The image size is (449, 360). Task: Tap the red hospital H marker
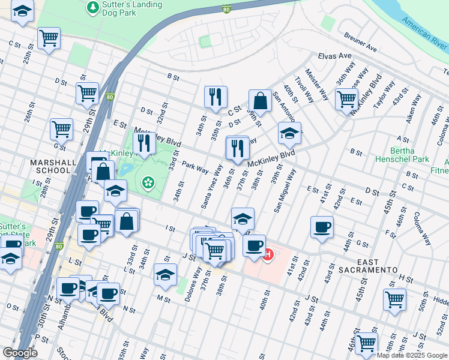pyautogui.click(x=268, y=255)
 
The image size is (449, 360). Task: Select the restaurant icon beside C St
pyautogui.click(x=215, y=97)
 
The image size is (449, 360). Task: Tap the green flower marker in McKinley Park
pyautogui.click(x=147, y=182)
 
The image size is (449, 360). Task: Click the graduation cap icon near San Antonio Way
pyautogui.click(x=289, y=133)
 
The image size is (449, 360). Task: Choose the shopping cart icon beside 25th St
pyautogui.click(x=49, y=38)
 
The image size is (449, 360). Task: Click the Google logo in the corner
pyautogui.click(x=20, y=353)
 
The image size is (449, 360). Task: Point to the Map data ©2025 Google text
pyautogui.click(x=412, y=355)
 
